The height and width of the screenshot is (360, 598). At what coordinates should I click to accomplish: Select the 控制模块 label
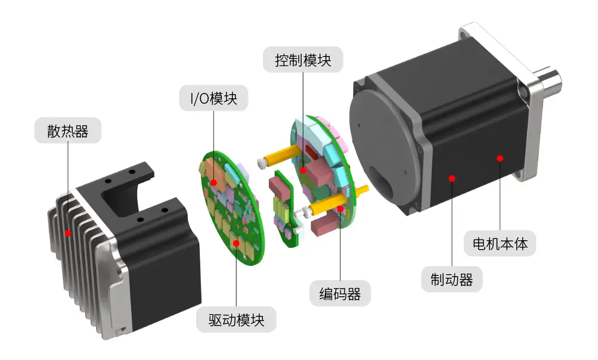303,60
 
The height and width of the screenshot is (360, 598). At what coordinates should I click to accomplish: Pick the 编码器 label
340,294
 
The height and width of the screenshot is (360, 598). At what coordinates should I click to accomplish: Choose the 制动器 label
451,279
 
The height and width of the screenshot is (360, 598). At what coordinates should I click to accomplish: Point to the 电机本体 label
500,243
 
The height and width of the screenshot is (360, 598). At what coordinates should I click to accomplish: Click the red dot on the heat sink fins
68,232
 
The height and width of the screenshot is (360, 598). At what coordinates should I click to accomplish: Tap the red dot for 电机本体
500,158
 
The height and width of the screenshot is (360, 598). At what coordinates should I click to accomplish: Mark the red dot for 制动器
452,178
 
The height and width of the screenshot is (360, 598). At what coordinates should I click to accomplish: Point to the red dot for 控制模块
303,170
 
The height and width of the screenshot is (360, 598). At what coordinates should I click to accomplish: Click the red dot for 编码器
340,209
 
